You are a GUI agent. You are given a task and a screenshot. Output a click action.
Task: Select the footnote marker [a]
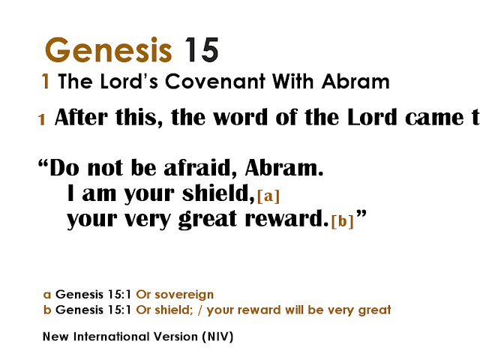[x=268, y=197]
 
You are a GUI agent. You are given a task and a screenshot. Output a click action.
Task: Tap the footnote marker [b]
[x=342, y=223]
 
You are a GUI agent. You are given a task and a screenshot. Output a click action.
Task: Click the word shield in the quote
[x=216, y=194]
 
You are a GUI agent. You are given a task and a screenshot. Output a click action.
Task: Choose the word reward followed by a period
[x=289, y=220]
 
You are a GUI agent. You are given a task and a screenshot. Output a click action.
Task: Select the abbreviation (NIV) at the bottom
[x=217, y=337]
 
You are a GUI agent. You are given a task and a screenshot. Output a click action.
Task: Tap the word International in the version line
[x=113, y=337]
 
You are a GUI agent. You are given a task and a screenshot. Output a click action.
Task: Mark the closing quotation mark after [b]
[x=361, y=216]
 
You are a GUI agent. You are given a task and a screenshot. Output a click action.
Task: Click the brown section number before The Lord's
[x=46, y=82]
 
